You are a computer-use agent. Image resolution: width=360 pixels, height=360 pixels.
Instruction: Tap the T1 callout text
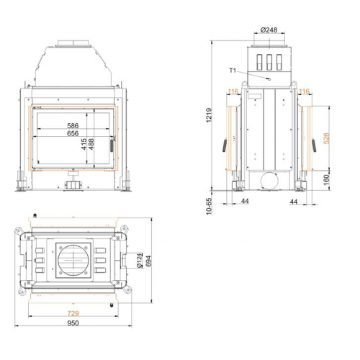tap(233, 71)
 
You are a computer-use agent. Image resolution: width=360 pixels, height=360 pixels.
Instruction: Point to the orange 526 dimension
tap(326, 139)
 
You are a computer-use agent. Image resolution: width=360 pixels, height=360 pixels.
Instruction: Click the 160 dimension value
tap(326, 178)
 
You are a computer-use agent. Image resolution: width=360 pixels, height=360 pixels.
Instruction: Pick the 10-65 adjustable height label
tap(210, 206)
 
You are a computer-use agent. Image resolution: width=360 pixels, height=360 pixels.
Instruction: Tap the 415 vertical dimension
tap(85, 145)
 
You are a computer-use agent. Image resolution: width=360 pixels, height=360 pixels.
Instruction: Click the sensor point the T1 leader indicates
tap(268, 76)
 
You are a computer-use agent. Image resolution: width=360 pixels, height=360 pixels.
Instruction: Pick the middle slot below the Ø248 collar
tap(269, 60)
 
